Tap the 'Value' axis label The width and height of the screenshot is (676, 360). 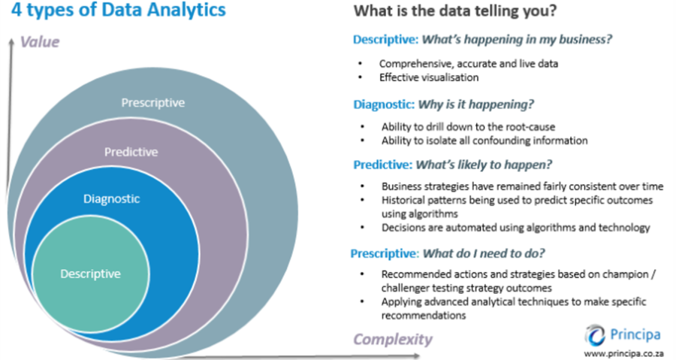[x=40, y=41]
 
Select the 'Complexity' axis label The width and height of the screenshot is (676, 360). [x=393, y=339]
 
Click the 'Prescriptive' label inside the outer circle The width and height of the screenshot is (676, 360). [x=152, y=102]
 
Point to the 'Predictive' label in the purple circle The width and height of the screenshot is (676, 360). [x=131, y=152]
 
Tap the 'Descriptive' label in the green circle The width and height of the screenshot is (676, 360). [x=90, y=274]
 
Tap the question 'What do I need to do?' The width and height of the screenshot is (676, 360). [x=478, y=253]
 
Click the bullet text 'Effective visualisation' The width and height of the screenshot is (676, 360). [x=429, y=77]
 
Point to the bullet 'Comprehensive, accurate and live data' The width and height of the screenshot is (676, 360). [x=468, y=64]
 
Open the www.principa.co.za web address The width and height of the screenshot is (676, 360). [x=622, y=352]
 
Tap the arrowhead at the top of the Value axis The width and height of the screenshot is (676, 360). [x=10, y=42]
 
